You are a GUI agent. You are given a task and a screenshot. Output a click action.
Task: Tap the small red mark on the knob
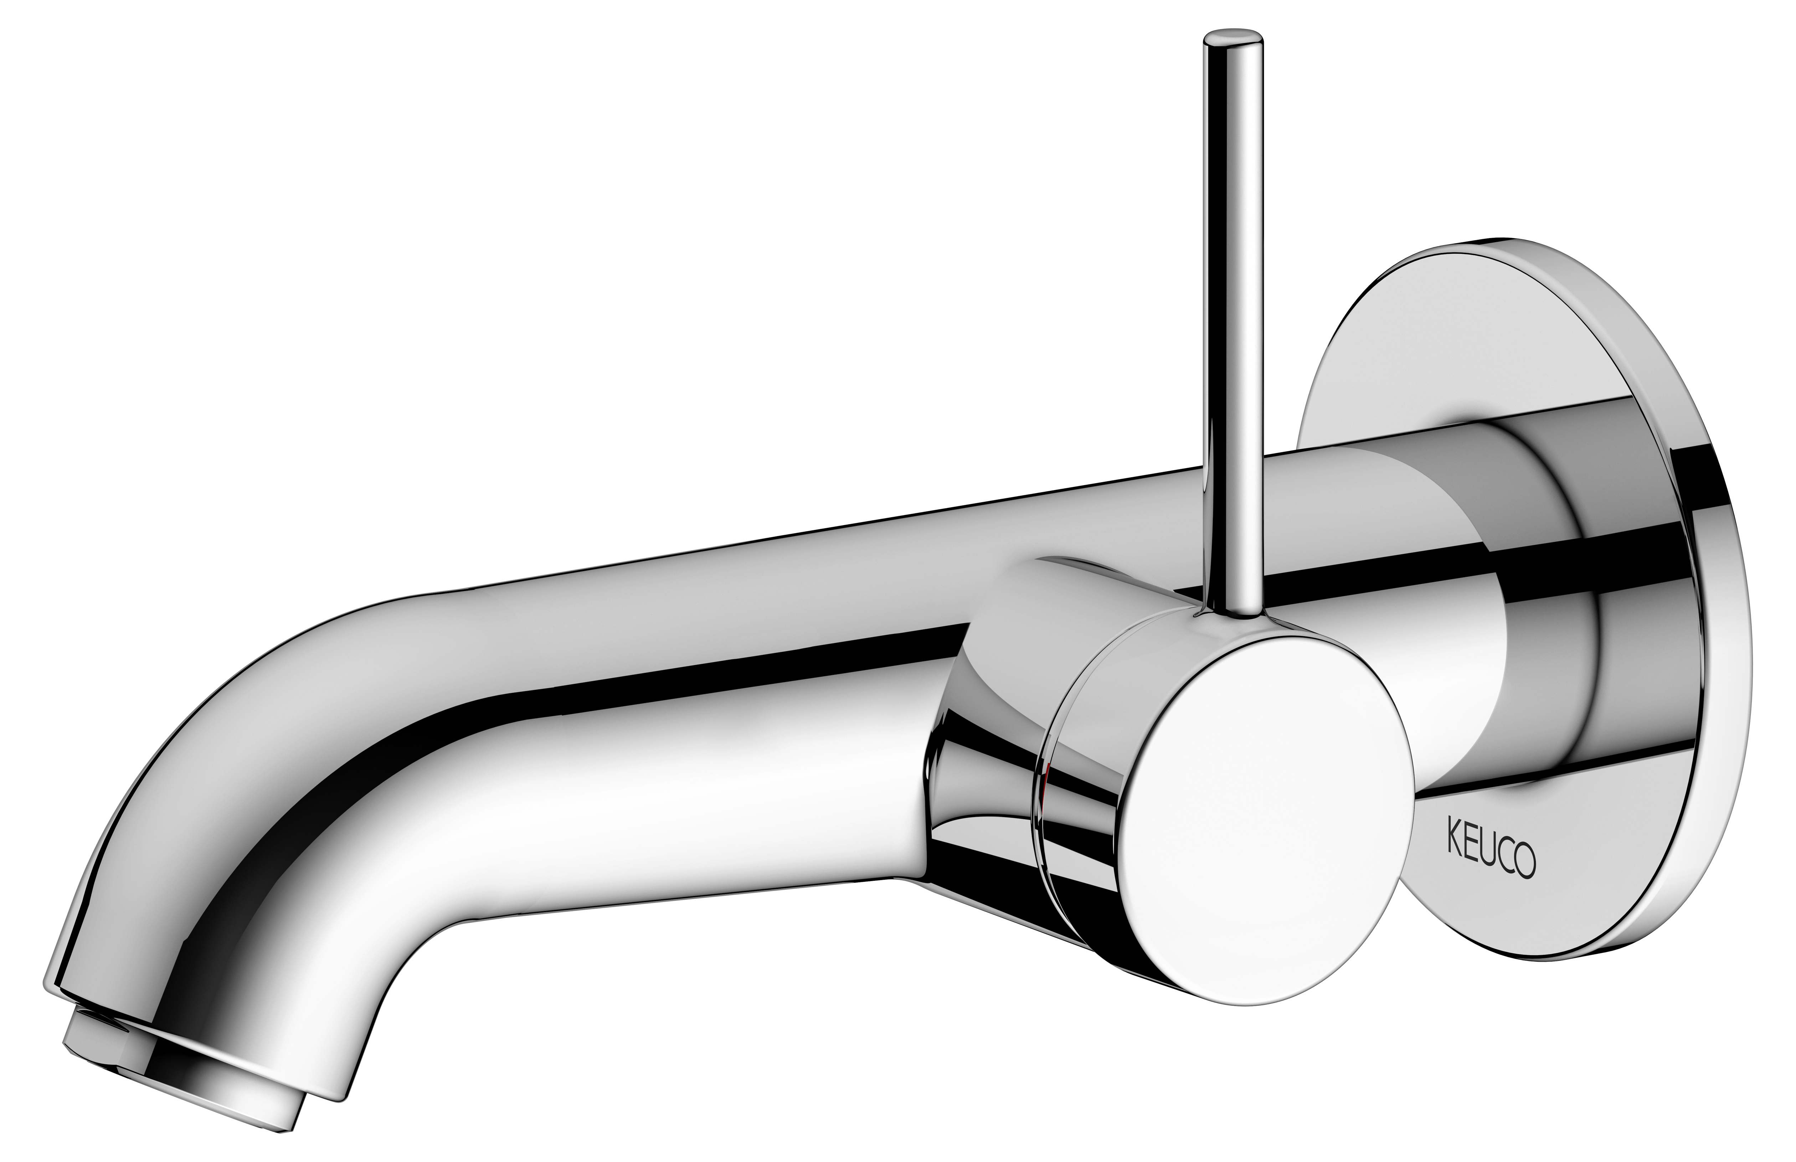1044,781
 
